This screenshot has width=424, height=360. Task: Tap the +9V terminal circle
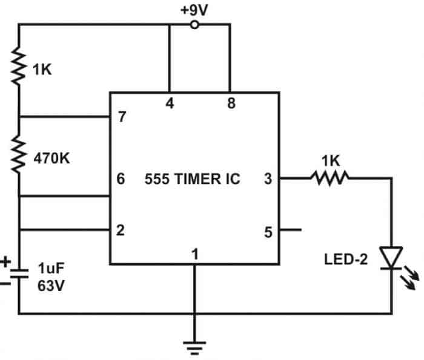[194, 25]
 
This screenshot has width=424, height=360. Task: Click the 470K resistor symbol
[19, 154]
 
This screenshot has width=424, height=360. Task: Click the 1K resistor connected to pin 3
[329, 178]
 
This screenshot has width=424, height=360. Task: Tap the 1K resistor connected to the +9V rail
[19, 67]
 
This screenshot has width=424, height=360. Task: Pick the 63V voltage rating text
[50, 286]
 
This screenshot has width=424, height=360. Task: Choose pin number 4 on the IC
[170, 104]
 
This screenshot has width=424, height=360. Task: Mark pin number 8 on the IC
[231, 104]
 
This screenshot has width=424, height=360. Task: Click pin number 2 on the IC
[122, 231]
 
